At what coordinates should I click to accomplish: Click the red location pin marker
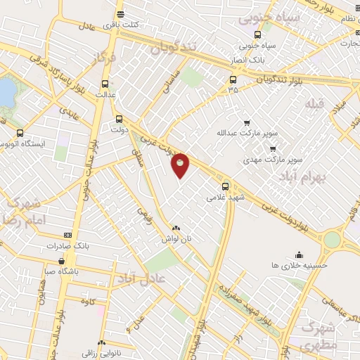181,165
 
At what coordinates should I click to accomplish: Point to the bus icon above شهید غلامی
226,186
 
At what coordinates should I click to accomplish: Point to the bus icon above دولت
117,119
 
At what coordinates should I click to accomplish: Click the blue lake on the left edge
6,92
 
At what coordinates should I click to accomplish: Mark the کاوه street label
89,302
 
